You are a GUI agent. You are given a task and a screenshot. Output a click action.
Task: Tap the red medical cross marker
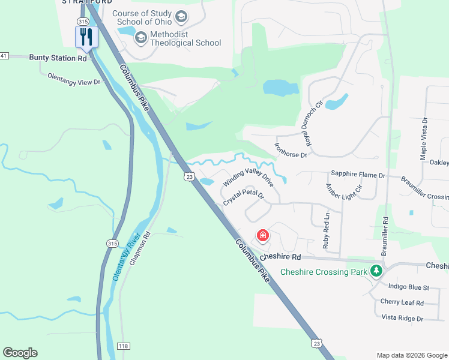[x=262, y=235]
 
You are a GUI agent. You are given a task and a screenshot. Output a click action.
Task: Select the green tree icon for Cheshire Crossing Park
[x=376, y=271]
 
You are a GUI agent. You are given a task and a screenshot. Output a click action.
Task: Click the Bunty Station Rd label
[x=58, y=58]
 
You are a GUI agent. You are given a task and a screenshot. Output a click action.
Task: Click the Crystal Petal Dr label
[x=244, y=199]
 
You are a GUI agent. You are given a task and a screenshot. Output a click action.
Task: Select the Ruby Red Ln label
[x=326, y=231]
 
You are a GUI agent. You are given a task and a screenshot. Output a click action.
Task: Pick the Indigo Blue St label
[x=409, y=288]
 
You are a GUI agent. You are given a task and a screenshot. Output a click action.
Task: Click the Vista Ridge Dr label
[x=403, y=318]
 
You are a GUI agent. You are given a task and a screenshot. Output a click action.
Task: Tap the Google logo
[x=20, y=353]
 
